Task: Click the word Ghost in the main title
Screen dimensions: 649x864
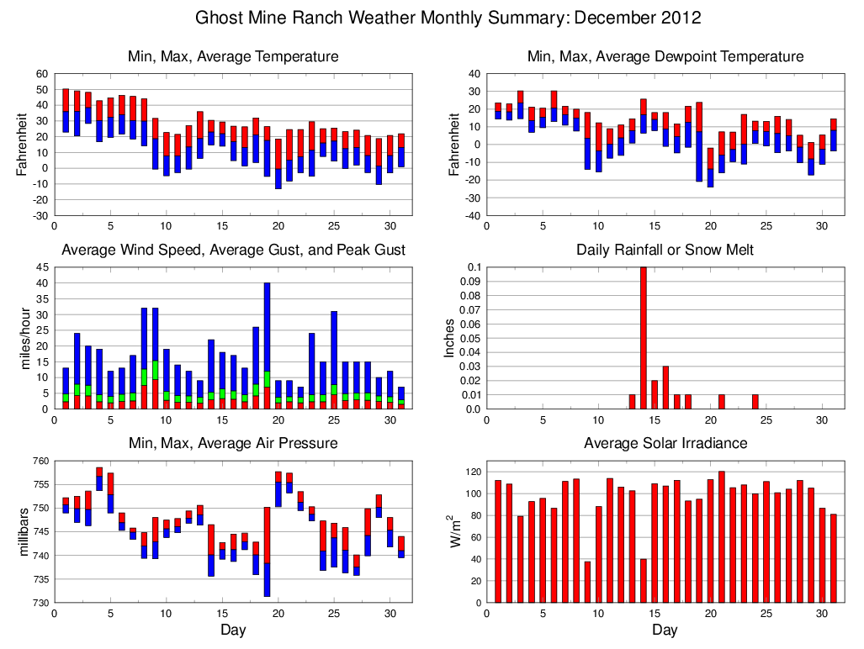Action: pos(220,18)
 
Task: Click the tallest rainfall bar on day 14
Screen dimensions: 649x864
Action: pos(644,338)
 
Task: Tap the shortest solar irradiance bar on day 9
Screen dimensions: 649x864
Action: pos(587,582)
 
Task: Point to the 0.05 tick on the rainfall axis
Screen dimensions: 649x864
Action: pos(470,338)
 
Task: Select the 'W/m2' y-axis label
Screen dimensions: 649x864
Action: pos(455,531)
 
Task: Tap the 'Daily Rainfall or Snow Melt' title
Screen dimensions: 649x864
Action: pos(665,250)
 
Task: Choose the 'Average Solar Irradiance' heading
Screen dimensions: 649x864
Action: pos(665,443)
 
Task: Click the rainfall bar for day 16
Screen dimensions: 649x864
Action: pos(665,388)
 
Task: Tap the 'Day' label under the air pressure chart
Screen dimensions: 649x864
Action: pos(233,630)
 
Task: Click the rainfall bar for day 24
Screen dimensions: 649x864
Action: pos(755,402)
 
